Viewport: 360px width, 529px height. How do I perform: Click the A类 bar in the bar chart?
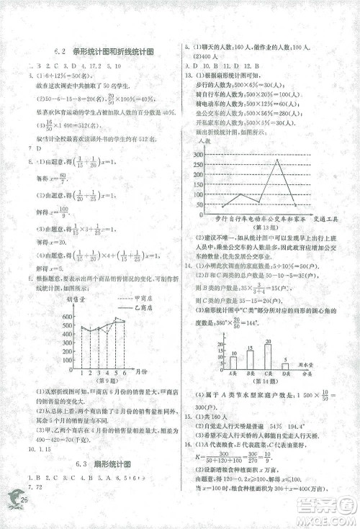coord(233,362)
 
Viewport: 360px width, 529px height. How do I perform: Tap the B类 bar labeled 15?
coord(250,359)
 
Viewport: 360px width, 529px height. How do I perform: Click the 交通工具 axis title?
coord(328,215)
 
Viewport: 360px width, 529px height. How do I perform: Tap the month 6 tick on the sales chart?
coord(125,371)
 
